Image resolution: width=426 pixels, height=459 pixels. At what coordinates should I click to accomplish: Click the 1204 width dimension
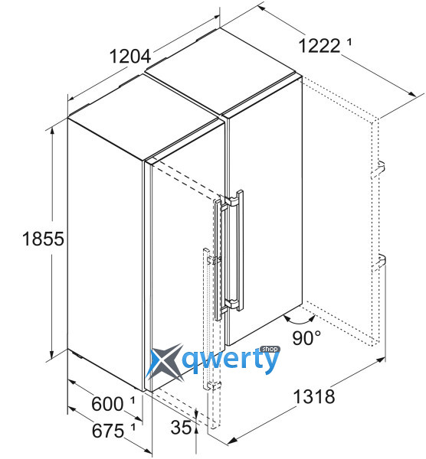pyautogui.click(x=130, y=57)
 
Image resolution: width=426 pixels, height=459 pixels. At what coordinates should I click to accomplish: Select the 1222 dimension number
pyautogui.click(x=319, y=46)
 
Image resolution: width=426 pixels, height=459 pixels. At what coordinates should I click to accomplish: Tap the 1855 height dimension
pyautogui.click(x=43, y=238)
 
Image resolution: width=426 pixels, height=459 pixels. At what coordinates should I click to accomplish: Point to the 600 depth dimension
pyautogui.click(x=107, y=404)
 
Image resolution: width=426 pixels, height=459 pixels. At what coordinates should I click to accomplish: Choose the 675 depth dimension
pyautogui.click(x=108, y=431)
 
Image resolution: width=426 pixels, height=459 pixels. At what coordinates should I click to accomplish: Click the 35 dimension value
pyautogui.click(x=181, y=428)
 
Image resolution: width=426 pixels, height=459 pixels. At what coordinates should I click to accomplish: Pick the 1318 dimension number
pyautogui.click(x=313, y=396)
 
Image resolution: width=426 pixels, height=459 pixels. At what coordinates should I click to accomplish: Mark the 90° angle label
pyautogui.click(x=306, y=337)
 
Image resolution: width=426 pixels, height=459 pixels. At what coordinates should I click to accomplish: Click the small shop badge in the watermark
pyautogui.click(x=270, y=349)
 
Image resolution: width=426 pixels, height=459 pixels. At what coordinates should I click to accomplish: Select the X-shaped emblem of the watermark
pyautogui.click(x=165, y=363)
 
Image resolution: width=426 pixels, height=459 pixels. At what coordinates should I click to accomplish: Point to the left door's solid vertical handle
pyautogui.click(x=218, y=259)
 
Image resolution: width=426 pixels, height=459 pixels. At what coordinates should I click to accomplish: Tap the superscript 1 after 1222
pyautogui.click(x=349, y=42)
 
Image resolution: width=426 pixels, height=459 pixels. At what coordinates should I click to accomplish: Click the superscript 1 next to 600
pyautogui.click(x=133, y=400)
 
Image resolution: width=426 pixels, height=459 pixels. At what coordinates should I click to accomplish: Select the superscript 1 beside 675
pyautogui.click(x=133, y=427)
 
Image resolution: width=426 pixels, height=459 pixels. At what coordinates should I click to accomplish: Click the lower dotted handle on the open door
pyautogui.click(x=379, y=262)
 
